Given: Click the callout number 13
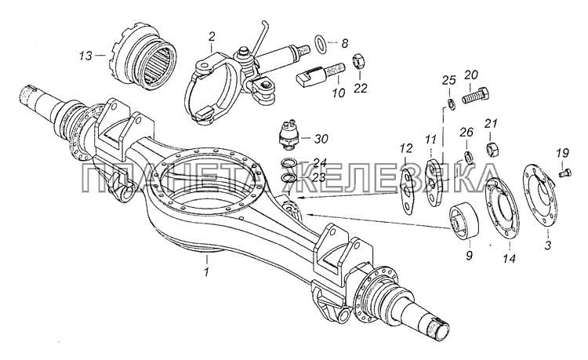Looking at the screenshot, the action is click(85, 56).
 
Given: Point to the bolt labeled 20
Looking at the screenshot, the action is click(476, 95).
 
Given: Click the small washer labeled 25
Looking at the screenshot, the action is click(452, 104).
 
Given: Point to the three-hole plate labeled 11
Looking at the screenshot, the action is click(435, 182).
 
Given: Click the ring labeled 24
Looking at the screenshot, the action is click(289, 163).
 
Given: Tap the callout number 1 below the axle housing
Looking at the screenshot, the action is click(206, 272).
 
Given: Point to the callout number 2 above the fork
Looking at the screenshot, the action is click(212, 38).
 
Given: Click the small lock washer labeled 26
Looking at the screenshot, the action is click(467, 157).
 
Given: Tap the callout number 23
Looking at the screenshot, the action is click(319, 177).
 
